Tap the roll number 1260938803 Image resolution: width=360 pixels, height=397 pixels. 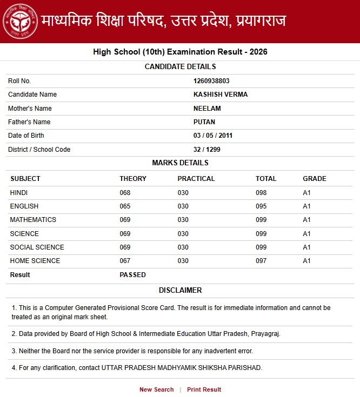211,81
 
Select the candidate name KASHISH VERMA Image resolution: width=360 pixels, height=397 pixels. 221,95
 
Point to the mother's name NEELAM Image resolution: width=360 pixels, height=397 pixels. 207,109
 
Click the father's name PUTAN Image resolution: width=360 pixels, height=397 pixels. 204,122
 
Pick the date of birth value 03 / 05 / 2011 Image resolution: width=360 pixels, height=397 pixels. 213,136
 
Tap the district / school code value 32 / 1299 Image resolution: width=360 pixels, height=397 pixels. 207,150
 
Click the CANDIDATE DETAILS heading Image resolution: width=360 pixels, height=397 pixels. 180,67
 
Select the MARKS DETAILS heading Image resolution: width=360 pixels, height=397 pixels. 180,163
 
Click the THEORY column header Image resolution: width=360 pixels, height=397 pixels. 133,179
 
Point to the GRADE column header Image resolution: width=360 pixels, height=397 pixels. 315,179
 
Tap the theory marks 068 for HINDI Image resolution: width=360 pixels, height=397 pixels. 125,193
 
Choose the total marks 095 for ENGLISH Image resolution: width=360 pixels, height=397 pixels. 262,206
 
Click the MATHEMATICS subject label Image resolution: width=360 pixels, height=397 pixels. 33,220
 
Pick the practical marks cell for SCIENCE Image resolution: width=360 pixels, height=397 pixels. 183,234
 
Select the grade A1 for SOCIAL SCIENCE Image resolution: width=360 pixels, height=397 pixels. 307,247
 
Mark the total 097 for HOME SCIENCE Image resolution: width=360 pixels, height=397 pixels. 262,261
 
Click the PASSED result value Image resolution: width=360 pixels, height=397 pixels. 132,275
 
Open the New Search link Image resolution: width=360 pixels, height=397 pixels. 157,389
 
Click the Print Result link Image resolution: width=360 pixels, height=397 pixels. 204,389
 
